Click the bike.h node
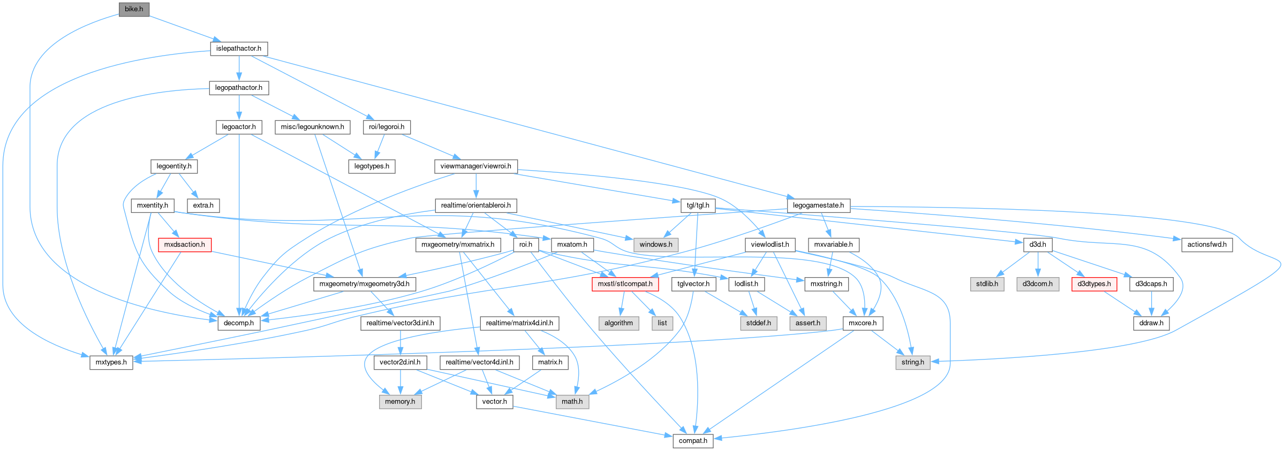[134, 9]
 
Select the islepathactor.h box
[239, 49]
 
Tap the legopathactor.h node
[239, 88]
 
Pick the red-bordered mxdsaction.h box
[185, 244]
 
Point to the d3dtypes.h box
[1094, 284]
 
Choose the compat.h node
[693, 441]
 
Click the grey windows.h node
[656, 244]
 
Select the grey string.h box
[912, 362]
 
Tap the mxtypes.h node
[111, 362]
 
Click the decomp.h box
[239, 323]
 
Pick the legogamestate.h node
[818, 205]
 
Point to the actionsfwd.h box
[1207, 244]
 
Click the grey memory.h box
[400, 402]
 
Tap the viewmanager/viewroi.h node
[475, 166]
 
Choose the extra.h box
[203, 205]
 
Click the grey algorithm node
[618, 323]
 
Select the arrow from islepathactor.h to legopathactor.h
[239, 68]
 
